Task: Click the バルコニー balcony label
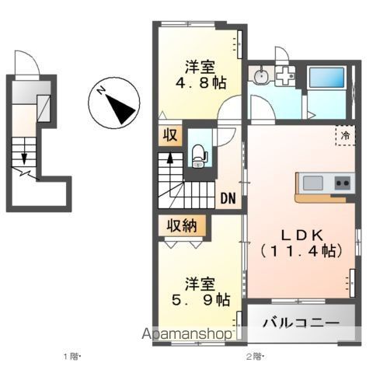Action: coord(301,322)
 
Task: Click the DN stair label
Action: coord(228,197)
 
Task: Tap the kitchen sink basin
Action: coord(313,183)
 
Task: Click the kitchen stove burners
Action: coord(343,183)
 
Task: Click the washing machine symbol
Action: coord(285,77)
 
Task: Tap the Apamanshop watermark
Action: coord(186,334)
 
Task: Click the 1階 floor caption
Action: coord(71,357)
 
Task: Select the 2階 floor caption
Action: coord(255,357)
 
